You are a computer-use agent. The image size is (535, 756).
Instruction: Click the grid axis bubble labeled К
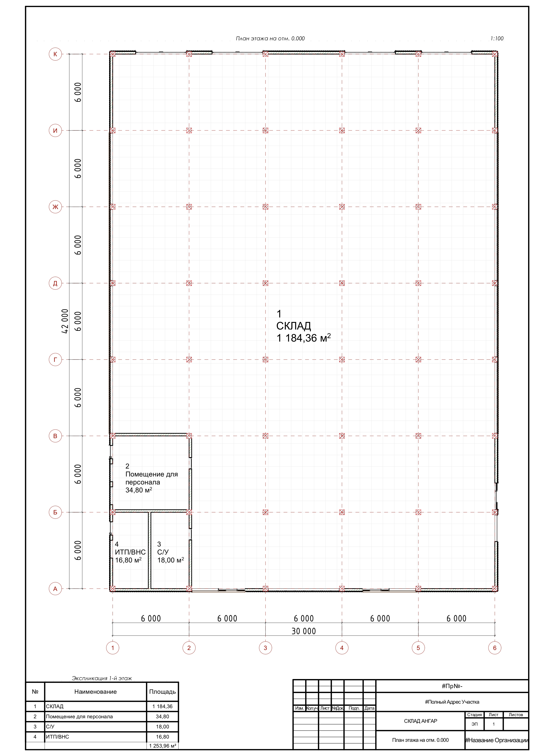55,54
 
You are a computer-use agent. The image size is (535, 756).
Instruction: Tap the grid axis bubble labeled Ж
55,207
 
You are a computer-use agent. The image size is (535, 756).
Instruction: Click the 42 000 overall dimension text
65,321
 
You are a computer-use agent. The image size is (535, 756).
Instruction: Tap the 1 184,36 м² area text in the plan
303,338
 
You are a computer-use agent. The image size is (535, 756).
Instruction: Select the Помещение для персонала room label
152,478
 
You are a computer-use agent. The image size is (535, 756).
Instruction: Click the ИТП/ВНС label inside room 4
130,552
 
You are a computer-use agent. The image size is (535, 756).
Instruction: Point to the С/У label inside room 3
163,552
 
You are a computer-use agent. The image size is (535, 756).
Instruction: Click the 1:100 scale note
497,39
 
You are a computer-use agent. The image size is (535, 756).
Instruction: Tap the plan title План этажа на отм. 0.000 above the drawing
270,39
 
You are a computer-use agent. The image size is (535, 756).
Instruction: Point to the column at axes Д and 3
265,283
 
